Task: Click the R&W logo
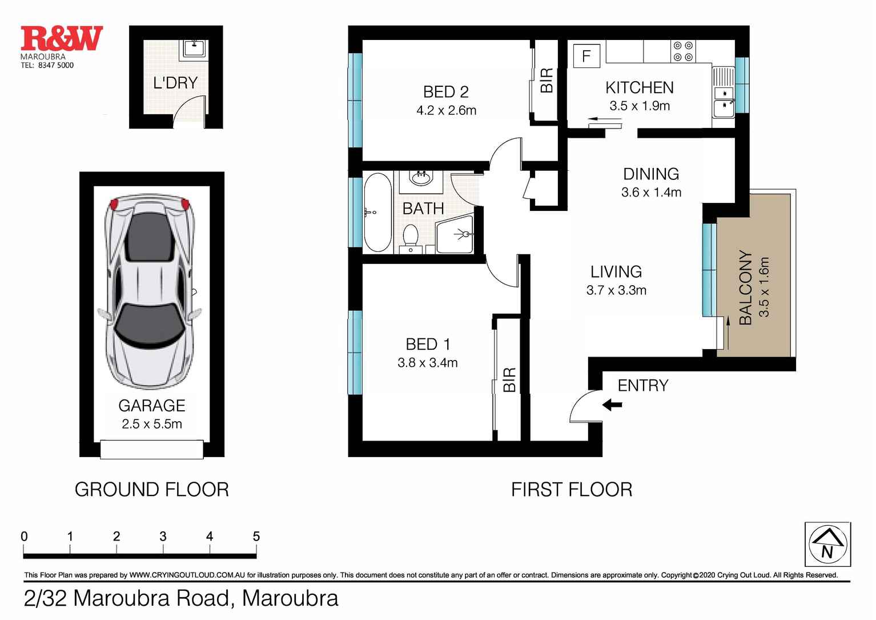click(62, 38)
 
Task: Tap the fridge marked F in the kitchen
click(586, 56)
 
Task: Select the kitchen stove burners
click(683, 51)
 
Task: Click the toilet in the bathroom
click(410, 238)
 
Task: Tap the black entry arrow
click(612, 405)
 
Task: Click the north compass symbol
click(827, 544)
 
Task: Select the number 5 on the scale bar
click(256, 537)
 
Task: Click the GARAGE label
click(151, 406)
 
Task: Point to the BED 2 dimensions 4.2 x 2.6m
click(446, 110)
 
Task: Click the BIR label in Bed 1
click(509, 379)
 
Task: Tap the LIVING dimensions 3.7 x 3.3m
click(616, 290)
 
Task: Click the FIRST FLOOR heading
click(571, 490)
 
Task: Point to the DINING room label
click(651, 174)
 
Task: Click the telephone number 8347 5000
click(55, 65)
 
